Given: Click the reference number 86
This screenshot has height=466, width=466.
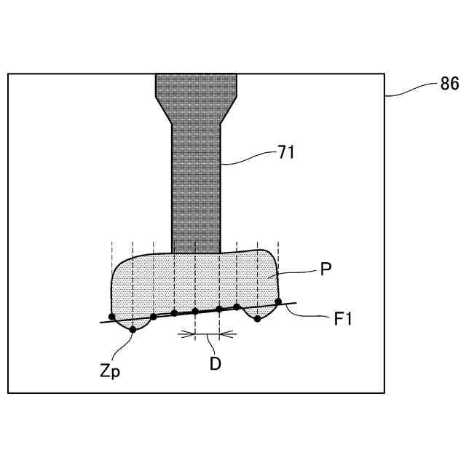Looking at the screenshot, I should pyautogui.click(x=449, y=84).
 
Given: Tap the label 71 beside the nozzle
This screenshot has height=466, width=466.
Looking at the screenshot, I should pyautogui.click(x=285, y=152).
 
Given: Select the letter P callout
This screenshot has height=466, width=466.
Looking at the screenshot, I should pyautogui.click(x=327, y=269).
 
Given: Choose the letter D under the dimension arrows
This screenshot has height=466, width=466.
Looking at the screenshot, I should pyautogui.click(x=216, y=363).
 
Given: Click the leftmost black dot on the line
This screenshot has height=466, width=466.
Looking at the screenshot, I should pyautogui.click(x=111, y=317).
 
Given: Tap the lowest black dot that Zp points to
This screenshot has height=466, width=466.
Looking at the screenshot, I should pyautogui.click(x=133, y=330).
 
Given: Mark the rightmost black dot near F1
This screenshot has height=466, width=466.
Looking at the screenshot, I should pyautogui.click(x=278, y=301).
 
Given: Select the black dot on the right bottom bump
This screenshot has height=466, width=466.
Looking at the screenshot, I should pyautogui.click(x=257, y=319).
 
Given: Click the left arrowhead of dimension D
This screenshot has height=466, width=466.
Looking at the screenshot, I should pyautogui.click(x=191, y=335).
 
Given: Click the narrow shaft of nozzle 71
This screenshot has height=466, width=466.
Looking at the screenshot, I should pyautogui.click(x=196, y=189).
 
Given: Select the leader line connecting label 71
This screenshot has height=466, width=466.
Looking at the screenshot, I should pyautogui.click(x=248, y=158).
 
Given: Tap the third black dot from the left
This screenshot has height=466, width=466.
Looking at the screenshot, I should pyautogui.click(x=154, y=317).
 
